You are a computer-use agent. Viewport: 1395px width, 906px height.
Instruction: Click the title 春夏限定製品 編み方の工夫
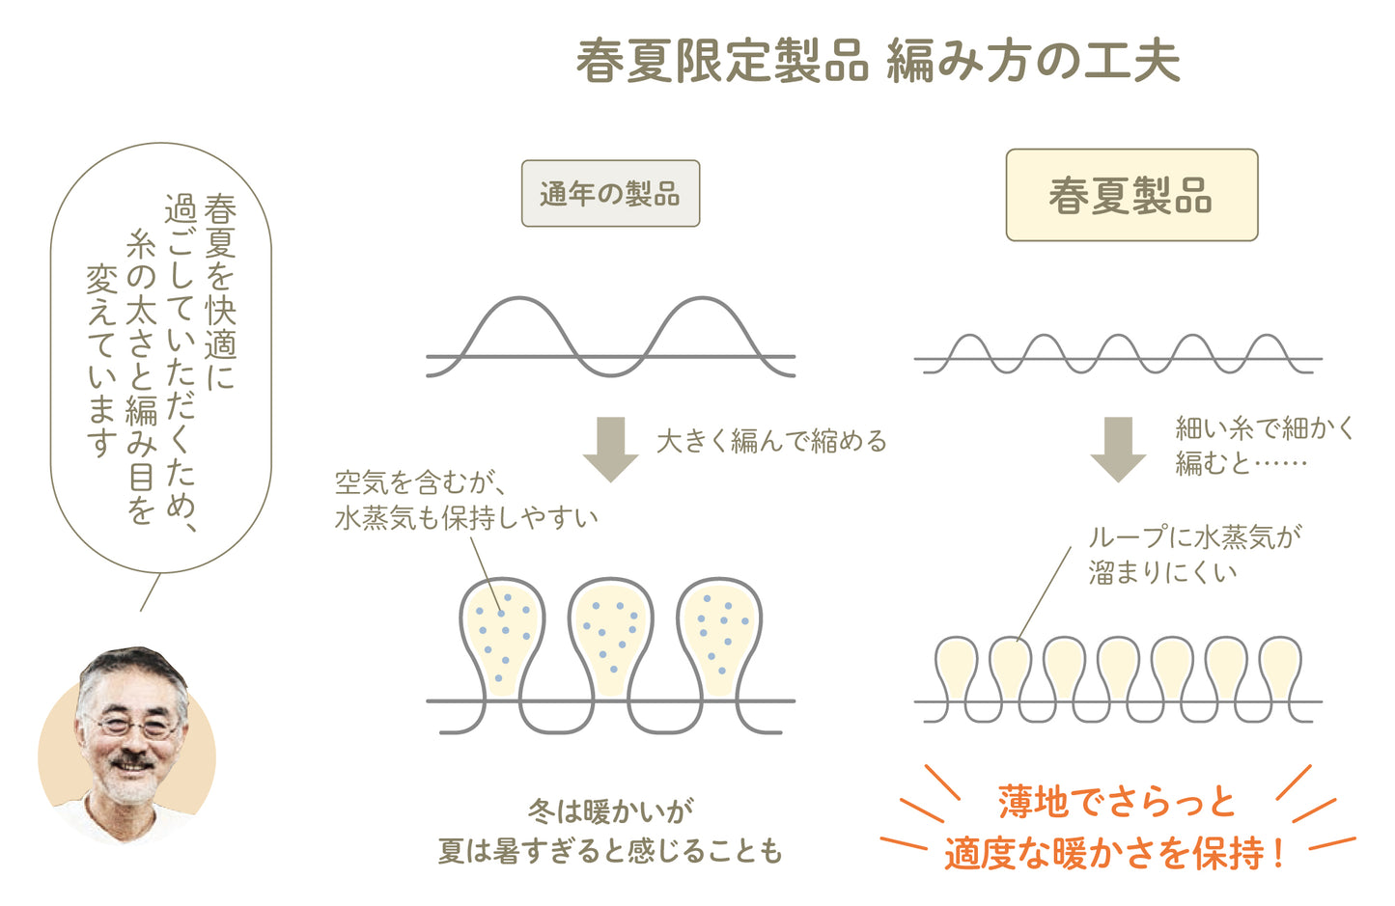(878, 62)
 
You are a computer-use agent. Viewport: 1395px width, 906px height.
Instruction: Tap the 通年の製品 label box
(610, 194)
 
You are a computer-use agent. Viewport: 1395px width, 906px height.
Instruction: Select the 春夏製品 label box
(1131, 195)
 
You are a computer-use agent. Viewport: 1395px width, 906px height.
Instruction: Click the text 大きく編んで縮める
(770, 442)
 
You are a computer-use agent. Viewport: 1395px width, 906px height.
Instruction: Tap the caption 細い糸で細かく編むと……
(1263, 446)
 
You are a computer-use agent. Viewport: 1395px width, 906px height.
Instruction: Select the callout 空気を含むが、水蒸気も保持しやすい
(465, 500)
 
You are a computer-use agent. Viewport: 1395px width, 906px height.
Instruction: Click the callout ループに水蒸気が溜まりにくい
(1193, 555)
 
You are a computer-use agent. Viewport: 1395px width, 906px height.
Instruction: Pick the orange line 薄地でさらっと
(1116, 802)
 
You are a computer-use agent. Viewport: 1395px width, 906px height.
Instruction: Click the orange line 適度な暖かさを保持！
(1116, 853)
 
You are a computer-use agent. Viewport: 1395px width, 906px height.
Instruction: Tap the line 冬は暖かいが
(610, 810)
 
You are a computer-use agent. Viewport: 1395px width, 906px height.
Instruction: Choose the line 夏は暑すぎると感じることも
(610, 851)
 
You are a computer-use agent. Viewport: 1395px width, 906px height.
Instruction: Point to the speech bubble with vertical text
(160, 357)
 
